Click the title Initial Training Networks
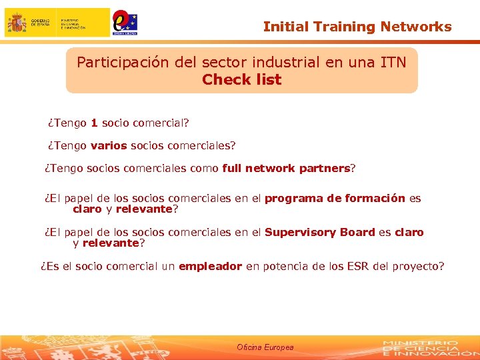pyautogui.click(x=357, y=27)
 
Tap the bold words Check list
pyautogui.click(x=241, y=80)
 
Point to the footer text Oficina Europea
pyautogui.click(x=265, y=347)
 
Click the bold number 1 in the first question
pyautogui.click(x=95, y=123)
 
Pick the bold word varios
pyautogui.click(x=109, y=145)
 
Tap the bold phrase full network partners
pyautogui.click(x=285, y=168)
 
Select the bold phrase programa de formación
pyautogui.click(x=335, y=198)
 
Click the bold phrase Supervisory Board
pyautogui.click(x=319, y=232)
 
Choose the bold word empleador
pyautogui.click(x=210, y=266)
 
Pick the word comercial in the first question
pyautogui.click(x=160, y=123)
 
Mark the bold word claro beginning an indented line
pyautogui.click(x=87, y=209)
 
